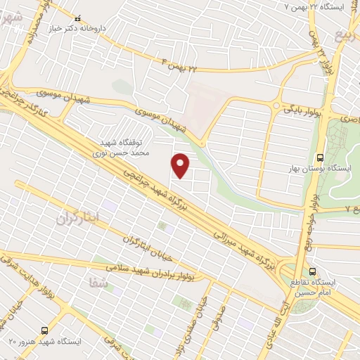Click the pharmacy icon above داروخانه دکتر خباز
[77, 18]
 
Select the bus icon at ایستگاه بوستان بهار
[321, 157]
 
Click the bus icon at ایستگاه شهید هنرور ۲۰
[45, 329]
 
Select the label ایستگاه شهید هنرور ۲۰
[43, 341]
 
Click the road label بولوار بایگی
[302, 110]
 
